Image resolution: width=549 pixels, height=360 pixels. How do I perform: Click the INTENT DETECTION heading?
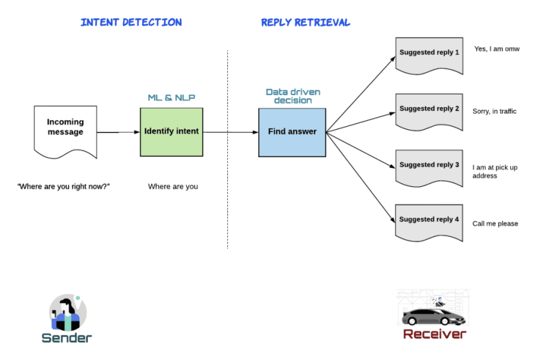tap(131, 22)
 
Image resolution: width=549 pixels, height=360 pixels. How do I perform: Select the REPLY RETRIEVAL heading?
tap(306, 22)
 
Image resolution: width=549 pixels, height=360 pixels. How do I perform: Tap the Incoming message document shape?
tap(65, 131)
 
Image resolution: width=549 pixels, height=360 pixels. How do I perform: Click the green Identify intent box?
tap(171, 131)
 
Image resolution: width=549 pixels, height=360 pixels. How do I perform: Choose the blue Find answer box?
tap(292, 132)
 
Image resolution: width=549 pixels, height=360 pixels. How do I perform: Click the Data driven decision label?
tap(293, 96)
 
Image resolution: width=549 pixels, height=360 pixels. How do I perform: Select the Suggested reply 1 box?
tap(429, 53)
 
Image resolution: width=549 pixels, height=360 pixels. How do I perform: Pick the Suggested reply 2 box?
tap(429, 109)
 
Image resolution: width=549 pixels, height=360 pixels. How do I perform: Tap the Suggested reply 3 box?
tap(429, 165)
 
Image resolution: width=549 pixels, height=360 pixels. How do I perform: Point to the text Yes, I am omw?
tap(496, 49)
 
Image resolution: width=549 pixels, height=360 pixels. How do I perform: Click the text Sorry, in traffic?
tap(495, 111)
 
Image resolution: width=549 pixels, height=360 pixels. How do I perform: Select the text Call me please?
tap(495, 224)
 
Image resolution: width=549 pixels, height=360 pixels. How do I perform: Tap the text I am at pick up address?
tap(495, 171)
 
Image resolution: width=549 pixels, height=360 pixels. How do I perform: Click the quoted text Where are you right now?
tap(63, 186)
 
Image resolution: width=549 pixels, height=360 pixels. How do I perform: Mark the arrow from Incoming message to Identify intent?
tap(118, 132)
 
